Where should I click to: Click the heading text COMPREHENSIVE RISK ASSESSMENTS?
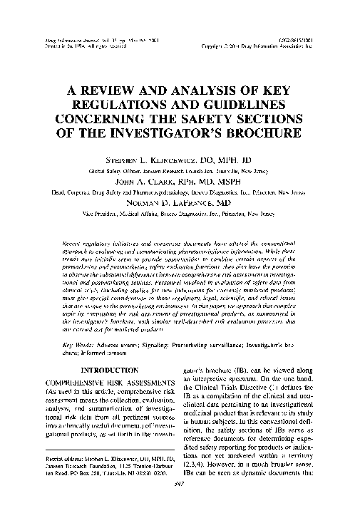click(96, 383)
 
